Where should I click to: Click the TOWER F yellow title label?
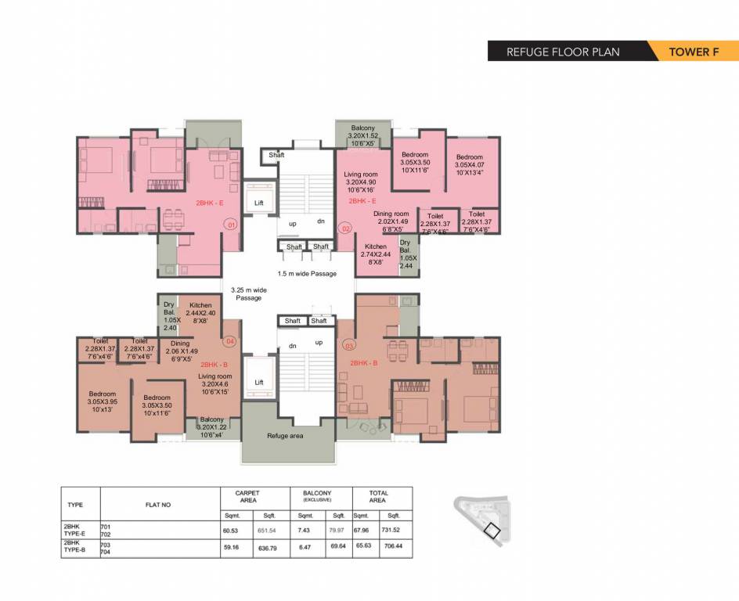tap(693, 52)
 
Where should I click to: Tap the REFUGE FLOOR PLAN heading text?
tap(563, 52)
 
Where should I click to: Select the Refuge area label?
tap(285, 436)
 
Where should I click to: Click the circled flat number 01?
tap(230, 225)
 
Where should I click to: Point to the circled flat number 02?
tap(345, 229)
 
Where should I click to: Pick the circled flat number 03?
tap(348, 345)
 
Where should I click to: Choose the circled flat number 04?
tap(230, 340)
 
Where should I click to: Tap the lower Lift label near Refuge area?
tap(259, 383)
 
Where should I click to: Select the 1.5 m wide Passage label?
tap(307, 274)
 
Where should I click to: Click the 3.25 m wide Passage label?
tap(249, 293)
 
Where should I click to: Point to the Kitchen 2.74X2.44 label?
tap(375, 254)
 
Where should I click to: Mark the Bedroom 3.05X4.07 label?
tap(470, 165)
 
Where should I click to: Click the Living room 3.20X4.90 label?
tap(361, 182)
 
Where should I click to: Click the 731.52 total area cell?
tap(394, 530)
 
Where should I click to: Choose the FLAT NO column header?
tap(158, 505)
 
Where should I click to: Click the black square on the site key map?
tap(492, 531)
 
